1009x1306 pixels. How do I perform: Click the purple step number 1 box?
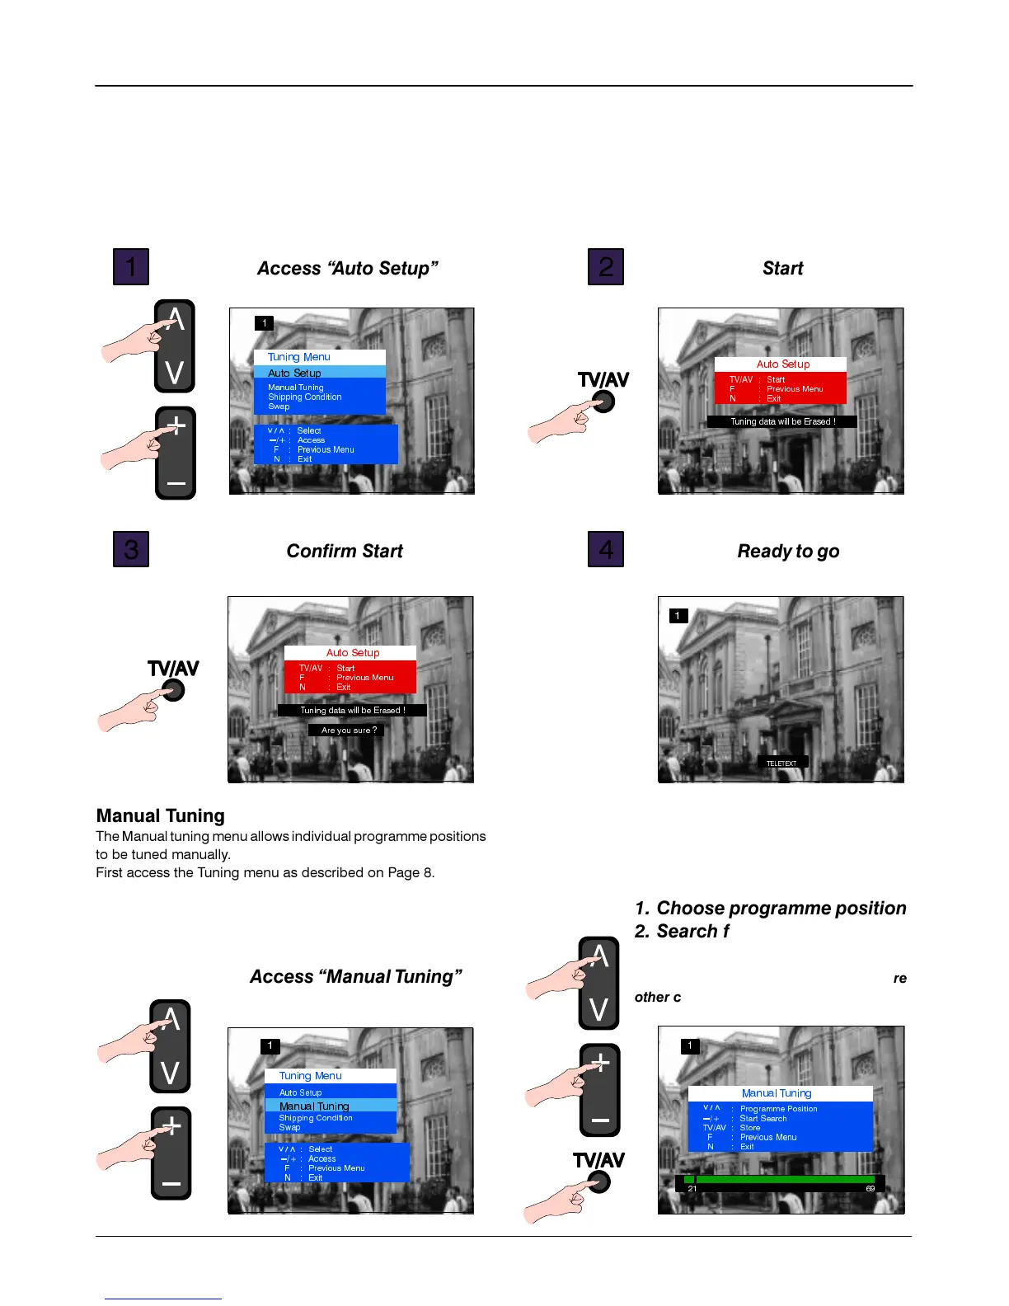131,266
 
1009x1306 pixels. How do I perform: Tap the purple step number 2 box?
606,266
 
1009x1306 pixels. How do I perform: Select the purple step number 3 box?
131,549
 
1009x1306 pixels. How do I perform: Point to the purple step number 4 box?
606,549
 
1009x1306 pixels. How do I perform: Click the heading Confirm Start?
345,551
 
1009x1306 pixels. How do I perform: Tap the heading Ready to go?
788,551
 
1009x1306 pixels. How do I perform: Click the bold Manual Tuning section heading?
161,815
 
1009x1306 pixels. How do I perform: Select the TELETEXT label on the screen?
781,763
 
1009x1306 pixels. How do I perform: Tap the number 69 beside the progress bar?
870,1188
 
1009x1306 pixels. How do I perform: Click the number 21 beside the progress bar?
692,1188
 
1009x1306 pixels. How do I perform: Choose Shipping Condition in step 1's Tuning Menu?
304,397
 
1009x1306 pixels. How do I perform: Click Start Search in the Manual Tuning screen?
763,1118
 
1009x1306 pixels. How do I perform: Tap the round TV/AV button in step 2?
604,402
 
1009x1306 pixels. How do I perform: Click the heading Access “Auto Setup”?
347,268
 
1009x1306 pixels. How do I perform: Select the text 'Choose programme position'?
781,908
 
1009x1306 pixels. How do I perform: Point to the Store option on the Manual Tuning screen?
749,1127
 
